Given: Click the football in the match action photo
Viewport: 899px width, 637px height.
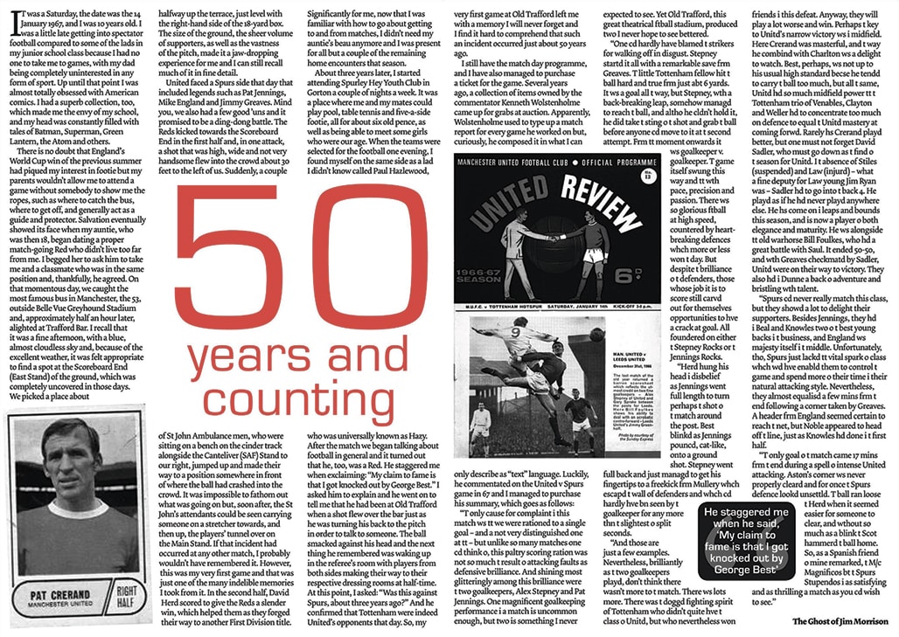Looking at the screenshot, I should [x=596, y=333].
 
